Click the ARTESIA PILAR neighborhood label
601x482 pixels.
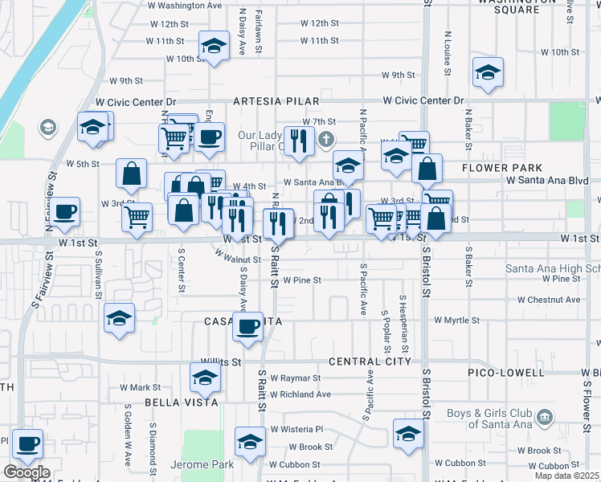[276, 102]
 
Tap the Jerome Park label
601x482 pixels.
[202, 465]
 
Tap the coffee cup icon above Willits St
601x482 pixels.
[247, 326]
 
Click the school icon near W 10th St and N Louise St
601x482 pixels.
[488, 73]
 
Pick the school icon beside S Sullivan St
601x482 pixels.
[119, 318]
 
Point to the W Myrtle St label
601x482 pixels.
[456, 320]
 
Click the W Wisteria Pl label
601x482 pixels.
[296, 429]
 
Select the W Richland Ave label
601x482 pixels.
[300, 394]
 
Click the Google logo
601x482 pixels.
[27, 472]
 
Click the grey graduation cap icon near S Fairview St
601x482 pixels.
[48, 128]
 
